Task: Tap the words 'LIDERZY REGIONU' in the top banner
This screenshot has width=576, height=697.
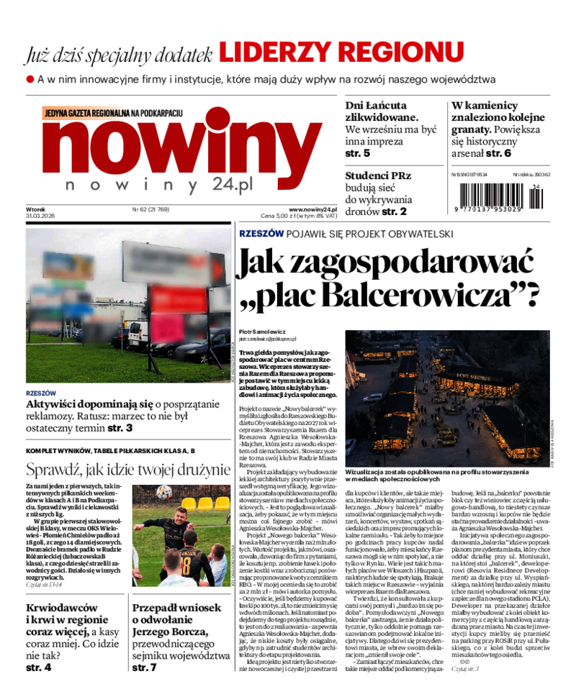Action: [341, 53]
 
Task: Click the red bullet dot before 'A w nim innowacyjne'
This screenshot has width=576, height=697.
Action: [30, 78]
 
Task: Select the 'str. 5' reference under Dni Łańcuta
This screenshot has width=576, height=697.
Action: [358, 153]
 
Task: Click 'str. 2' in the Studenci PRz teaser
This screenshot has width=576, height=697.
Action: [394, 211]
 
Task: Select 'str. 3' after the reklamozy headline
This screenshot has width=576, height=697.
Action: [120, 428]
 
